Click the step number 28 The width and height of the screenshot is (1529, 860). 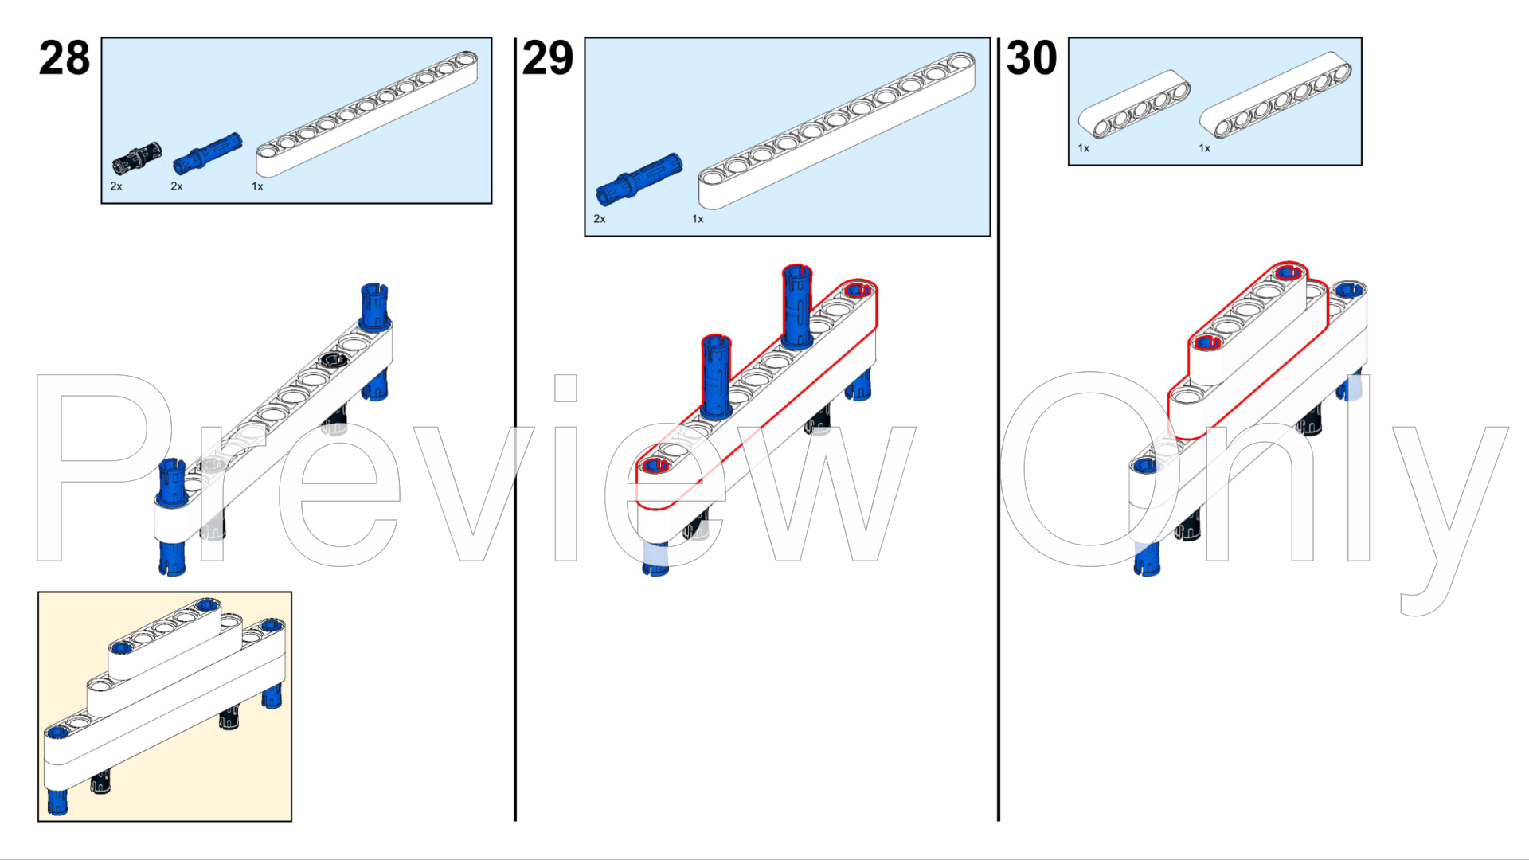[65, 58]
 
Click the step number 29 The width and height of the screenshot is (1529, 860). [548, 58]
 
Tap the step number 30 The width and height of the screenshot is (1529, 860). [1031, 58]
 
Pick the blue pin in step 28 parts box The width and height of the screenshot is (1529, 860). [207, 153]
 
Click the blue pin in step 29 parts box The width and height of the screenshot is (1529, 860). [639, 179]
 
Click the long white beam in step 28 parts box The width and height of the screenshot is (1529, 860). [367, 114]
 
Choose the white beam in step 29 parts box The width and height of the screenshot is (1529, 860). [836, 131]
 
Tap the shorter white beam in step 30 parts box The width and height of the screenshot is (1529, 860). [1134, 104]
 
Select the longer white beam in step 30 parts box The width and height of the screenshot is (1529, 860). [1276, 95]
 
